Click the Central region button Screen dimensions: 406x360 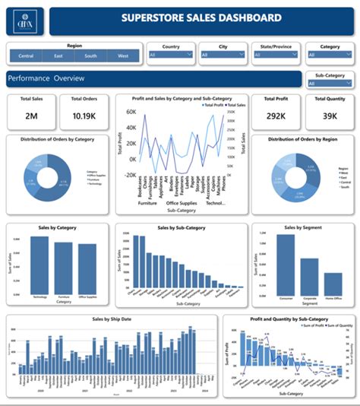tap(26, 56)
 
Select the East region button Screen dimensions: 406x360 tap(58, 56)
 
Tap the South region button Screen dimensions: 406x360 tap(90, 56)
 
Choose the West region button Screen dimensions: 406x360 tap(122, 56)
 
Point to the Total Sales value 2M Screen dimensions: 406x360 tap(32, 116)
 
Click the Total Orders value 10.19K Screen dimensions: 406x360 tap(83, 116)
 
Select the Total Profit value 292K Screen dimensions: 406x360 tap(275, 116)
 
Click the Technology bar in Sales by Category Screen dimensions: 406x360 tap(39, 265)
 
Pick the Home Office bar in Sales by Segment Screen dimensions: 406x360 tap(333, 284)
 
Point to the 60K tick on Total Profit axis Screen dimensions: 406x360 tap(131, 111)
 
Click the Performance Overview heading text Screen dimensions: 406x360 tap(46, 79)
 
